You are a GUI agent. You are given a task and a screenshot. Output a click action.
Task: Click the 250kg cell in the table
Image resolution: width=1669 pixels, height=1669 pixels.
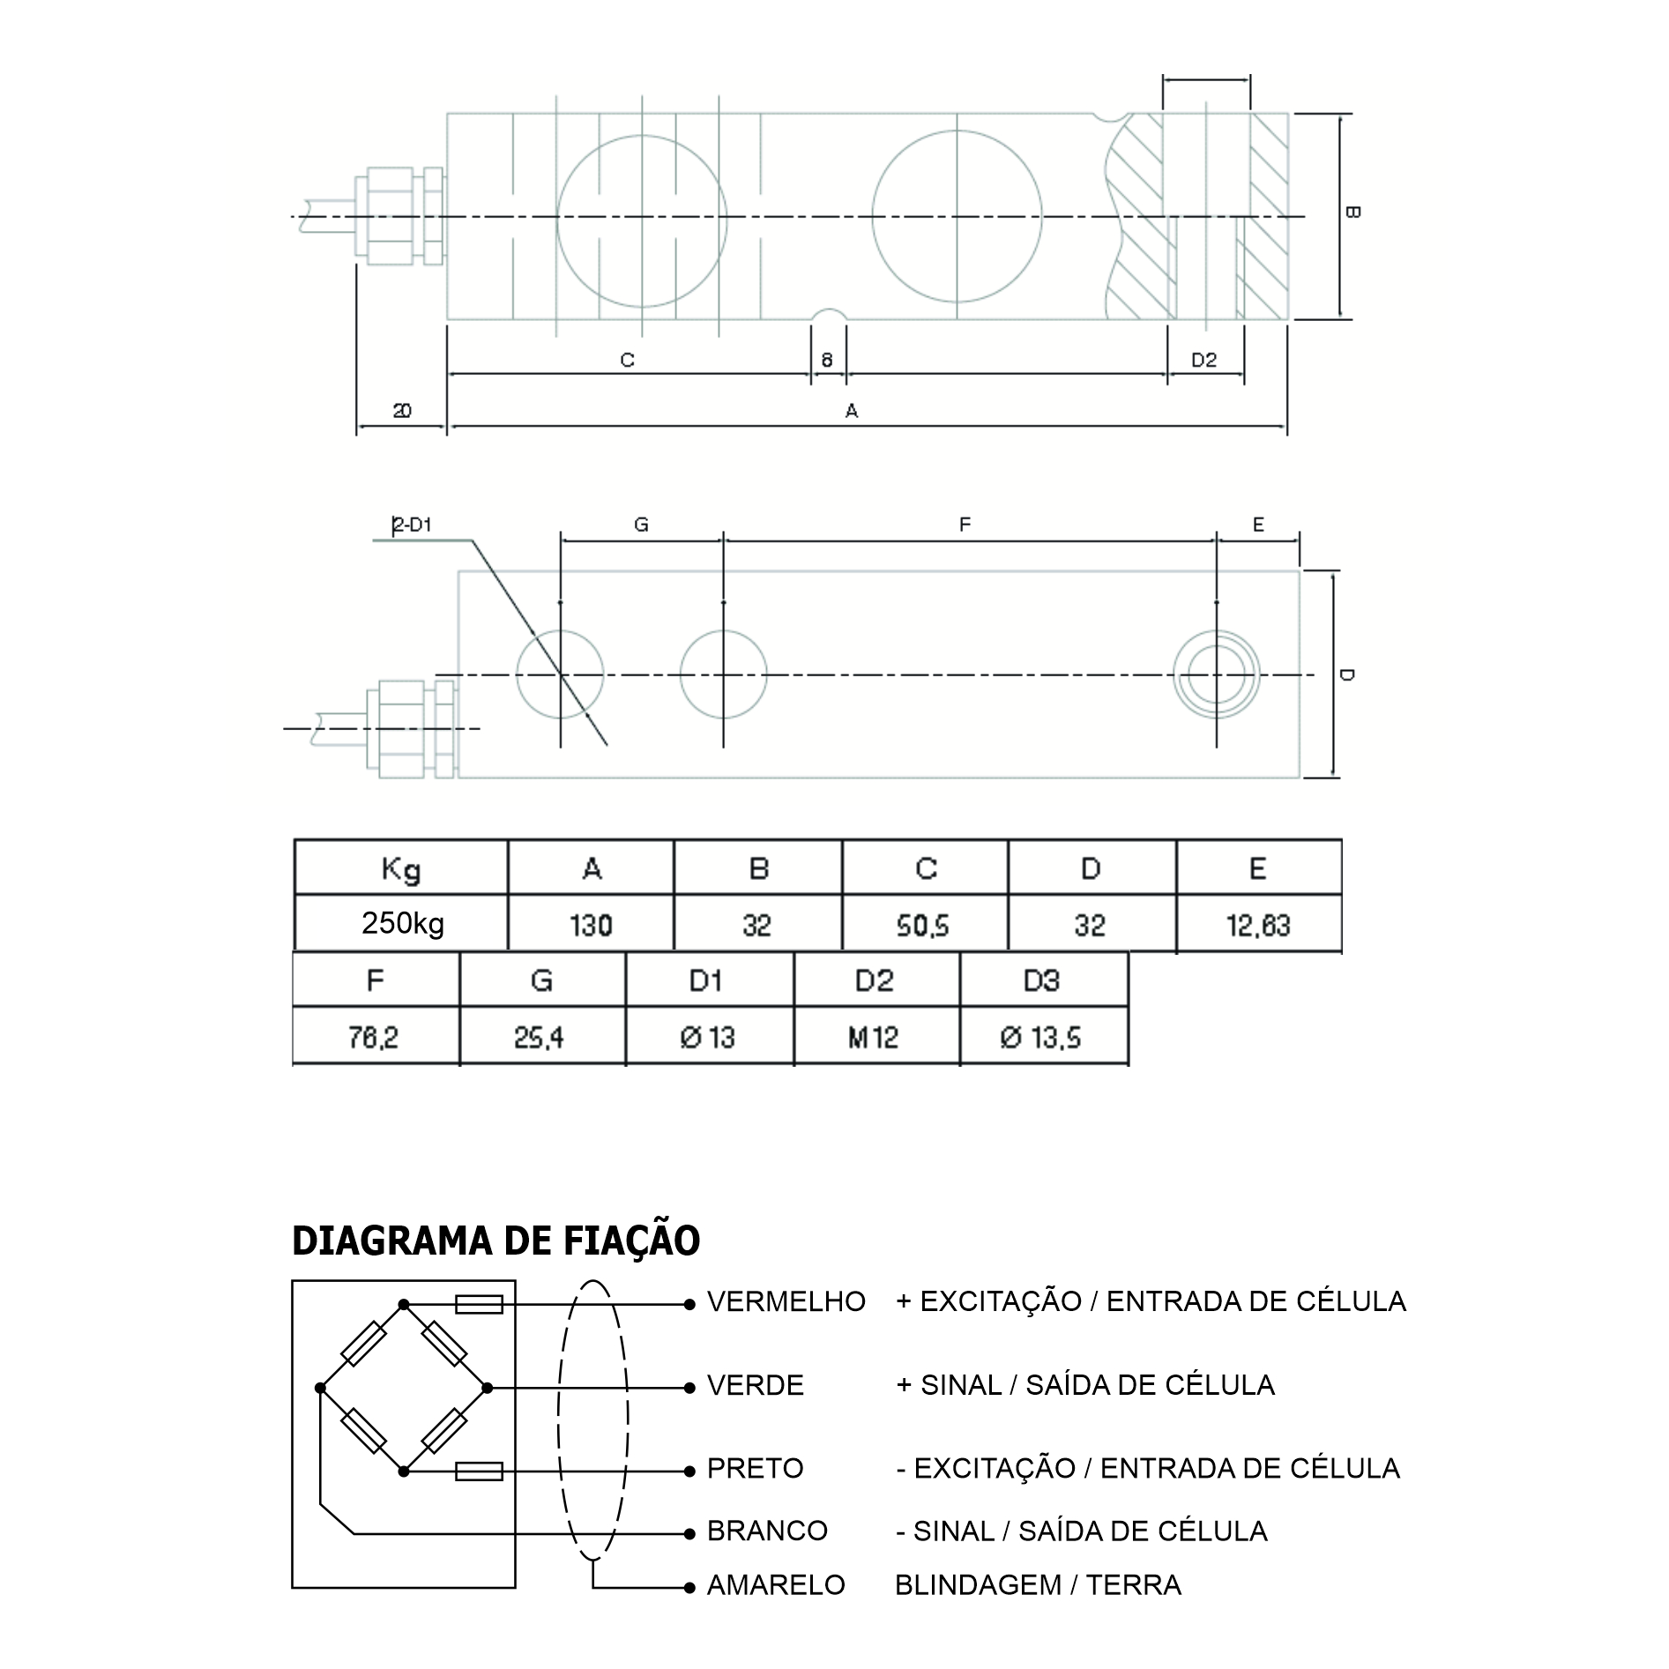pos(402,923)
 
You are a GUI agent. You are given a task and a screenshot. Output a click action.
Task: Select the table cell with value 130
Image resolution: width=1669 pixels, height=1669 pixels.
pos(591,924)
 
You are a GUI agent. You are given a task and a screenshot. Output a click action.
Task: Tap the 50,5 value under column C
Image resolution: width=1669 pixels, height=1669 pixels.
pos(924,924)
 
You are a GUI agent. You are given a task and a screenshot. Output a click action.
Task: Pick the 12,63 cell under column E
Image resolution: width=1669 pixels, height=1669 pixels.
pos(1258,924)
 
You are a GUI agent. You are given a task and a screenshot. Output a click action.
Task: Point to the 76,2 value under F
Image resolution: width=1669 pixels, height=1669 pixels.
pos(374,1036)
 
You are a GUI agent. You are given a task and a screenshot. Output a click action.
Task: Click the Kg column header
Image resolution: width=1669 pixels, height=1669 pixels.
pos(401,868)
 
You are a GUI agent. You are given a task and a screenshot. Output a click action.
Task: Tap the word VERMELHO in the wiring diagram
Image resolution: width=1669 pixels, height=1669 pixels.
pos(786,1301)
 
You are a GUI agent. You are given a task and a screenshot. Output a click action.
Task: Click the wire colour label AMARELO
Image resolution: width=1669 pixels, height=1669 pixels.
pos(776,1584)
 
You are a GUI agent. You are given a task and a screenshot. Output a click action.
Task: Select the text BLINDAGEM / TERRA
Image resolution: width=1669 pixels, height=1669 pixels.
pos(1038,1584)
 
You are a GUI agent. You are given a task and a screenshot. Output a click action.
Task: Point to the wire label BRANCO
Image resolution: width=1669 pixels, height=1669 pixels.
pos(767,1530)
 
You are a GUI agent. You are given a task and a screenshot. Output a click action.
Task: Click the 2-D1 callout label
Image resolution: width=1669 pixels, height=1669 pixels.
pos(412,525)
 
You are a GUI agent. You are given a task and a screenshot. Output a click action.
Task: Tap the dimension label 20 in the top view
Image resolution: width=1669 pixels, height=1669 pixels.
pos(402,410)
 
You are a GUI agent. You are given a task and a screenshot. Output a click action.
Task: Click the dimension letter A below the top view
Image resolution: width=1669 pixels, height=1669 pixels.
pos(852,410)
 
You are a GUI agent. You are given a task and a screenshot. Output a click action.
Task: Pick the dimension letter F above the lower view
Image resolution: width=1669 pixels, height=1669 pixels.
pos(965,525)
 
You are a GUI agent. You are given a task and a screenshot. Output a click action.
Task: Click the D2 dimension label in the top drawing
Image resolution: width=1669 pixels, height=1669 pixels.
pos(1203,360)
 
